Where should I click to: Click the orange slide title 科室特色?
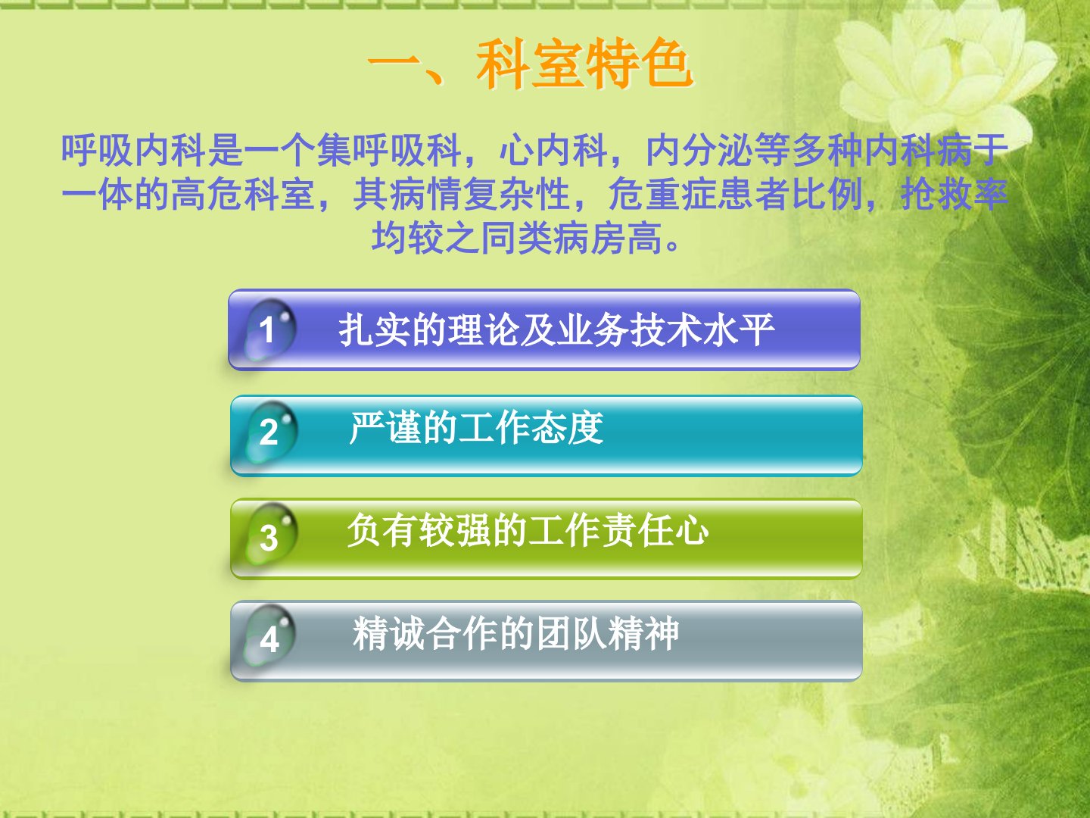584,64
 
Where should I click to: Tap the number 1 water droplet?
269,329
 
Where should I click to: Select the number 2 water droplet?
271,432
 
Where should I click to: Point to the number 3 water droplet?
271,535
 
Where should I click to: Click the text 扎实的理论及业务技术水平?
556,329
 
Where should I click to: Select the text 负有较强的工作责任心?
528,530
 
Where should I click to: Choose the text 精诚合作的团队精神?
516,632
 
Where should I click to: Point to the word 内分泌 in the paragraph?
699,150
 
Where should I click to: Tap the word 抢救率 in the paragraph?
955,194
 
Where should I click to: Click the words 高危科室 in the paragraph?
243,194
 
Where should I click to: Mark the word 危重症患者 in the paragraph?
699,194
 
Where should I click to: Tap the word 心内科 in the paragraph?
553,150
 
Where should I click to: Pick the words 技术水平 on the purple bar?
702,329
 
